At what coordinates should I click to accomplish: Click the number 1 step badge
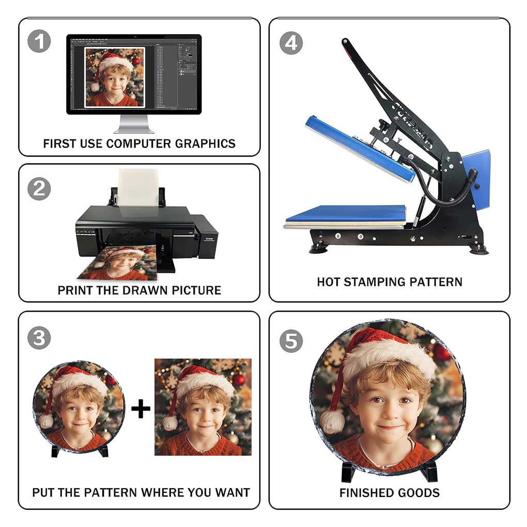39,41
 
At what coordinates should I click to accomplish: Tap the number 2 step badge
39,189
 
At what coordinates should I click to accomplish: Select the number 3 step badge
39,338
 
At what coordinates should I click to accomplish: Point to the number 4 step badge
291,43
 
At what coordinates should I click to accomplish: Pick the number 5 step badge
291,341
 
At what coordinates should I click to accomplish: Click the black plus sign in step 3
141,409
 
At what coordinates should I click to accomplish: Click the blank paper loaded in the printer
138,188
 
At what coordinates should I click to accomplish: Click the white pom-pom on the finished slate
332,421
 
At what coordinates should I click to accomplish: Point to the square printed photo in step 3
203,407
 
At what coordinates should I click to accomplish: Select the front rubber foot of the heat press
318,249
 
